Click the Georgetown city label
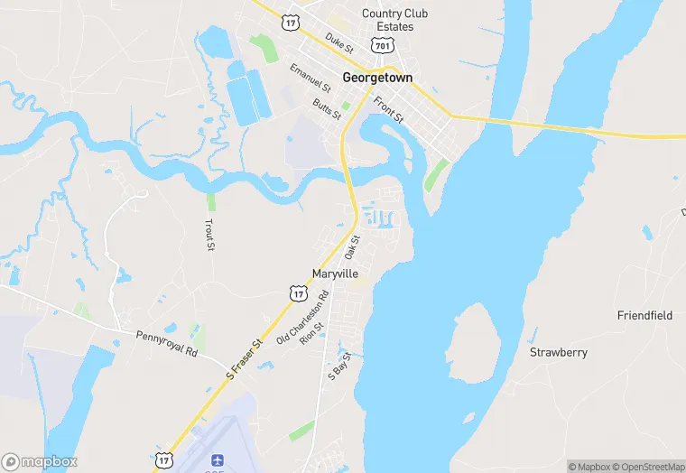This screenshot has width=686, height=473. click(x=377, y=78)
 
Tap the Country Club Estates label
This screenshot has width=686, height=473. click(x=394, y=20)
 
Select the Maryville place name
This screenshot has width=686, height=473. click(x=335, y=274)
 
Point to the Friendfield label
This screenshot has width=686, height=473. click(x=644, y=316)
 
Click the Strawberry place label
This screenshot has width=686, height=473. click(x=558, y=352)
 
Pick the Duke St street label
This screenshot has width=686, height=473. click(x=339, y=42)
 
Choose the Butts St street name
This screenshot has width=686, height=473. click(x=327, y=110)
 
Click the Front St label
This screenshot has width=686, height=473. click(x=388, y=110)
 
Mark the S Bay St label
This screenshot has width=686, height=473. click(x=338, y=366)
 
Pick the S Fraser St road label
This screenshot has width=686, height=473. click(x=244, y=357)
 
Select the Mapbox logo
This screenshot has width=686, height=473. click(x=40, y=461)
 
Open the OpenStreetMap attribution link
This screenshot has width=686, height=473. click(x=649, y=467)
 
